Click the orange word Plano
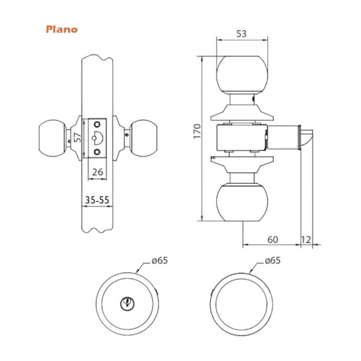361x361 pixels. coord(62,29)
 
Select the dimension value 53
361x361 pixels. coord(242,34)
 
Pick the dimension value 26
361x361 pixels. coord(97,172)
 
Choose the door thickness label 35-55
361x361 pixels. coord(97,200)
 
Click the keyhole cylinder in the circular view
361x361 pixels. coord(127,303)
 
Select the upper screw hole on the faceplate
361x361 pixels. coord(97,125)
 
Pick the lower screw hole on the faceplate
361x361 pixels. coord(97,152)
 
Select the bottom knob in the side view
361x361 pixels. coord(242,202)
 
